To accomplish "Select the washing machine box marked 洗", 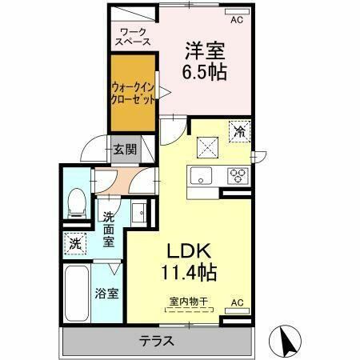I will [x=74, y=242].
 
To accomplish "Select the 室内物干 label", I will [x=188, y=301].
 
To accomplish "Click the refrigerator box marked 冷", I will [x=238, y=129].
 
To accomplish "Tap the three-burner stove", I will [x=238, y=175].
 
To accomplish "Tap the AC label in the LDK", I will [x=236, y=302].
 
